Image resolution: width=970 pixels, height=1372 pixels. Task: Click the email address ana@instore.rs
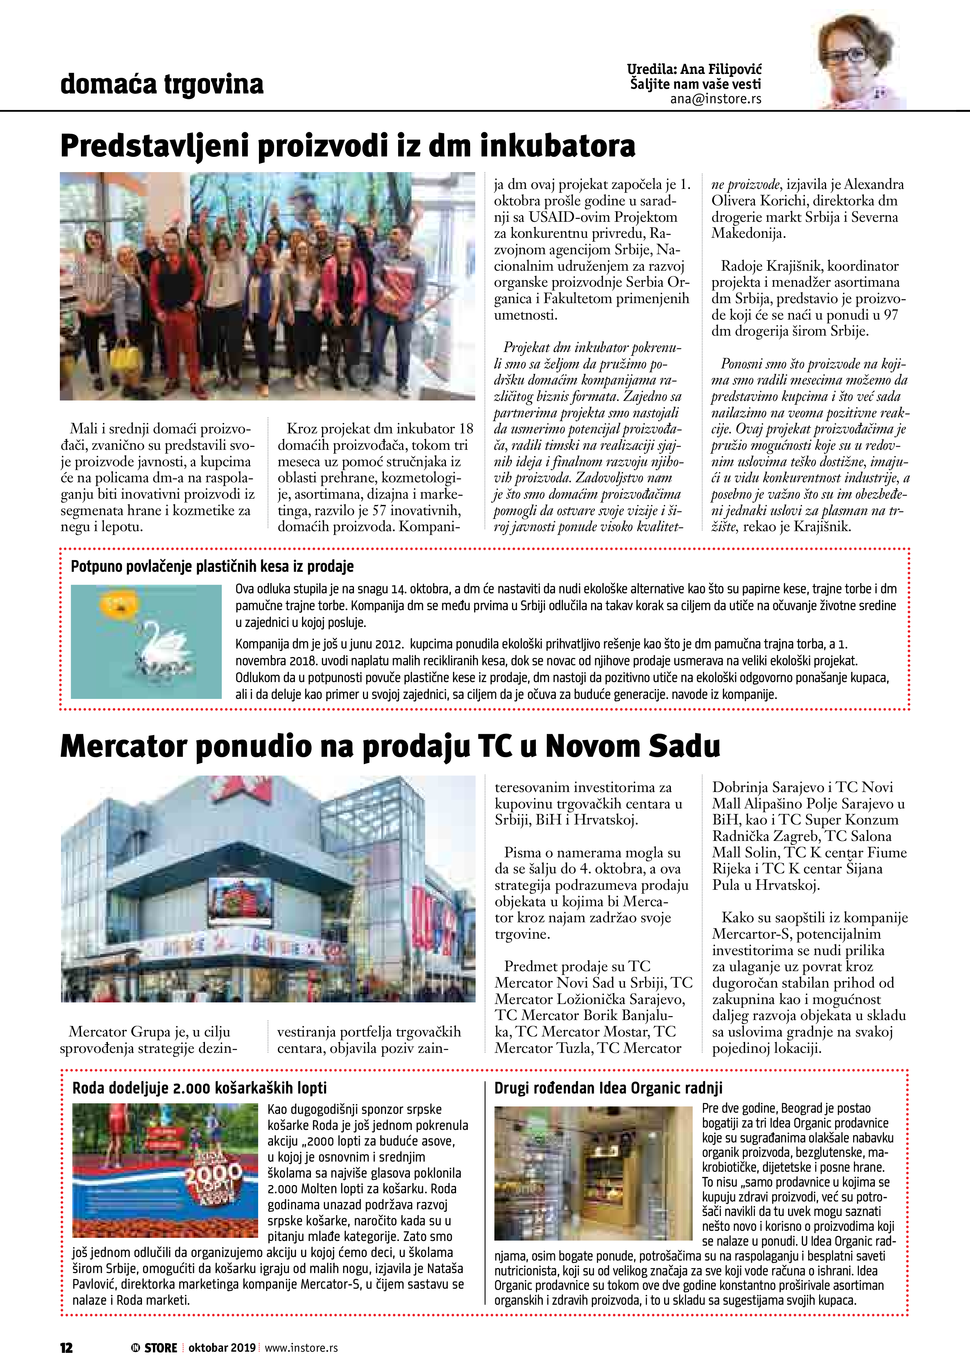(x=715, y=99)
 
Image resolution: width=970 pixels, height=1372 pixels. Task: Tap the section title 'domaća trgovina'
(x=162, y=84)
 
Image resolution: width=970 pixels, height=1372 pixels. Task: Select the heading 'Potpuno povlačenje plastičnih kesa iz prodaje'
(x=212, y=566)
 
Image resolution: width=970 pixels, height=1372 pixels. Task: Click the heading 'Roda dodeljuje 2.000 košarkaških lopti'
(x=199, y=1088)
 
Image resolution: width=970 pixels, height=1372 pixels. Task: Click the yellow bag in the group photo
(x=127, y=357)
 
